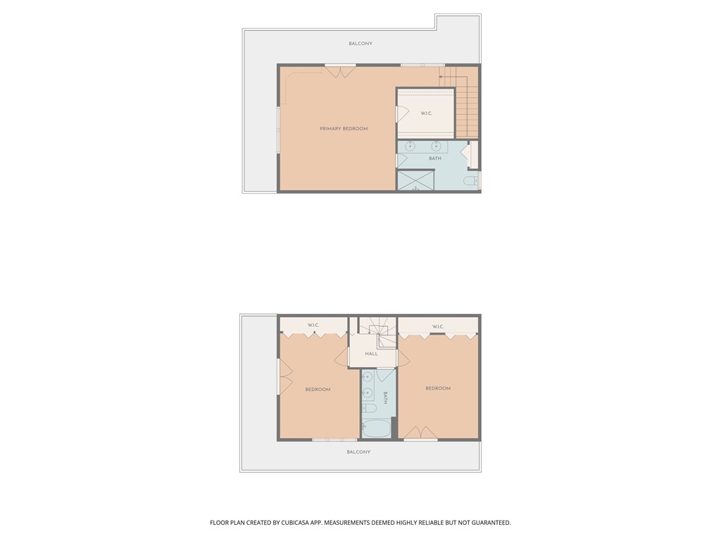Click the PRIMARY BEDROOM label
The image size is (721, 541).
click(344, 129)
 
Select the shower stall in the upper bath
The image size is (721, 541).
click(415, 180)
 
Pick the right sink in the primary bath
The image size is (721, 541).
click(437, 147)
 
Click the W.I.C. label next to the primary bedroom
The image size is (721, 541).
click(426, 113)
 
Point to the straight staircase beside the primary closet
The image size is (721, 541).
click(466, 106)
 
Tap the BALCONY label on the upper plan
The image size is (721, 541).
click(360, 44)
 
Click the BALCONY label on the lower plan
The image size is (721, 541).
click(358, 452)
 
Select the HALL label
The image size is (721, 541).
click(371, 354)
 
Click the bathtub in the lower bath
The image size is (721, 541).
click(377, 428)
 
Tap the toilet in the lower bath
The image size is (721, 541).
click(369, 409)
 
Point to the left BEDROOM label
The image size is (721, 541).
click(318, 390)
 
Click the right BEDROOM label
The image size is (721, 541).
click(438, 388)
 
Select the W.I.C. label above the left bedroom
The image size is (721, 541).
click(313, 325)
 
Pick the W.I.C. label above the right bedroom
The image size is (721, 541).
click(437, 326)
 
